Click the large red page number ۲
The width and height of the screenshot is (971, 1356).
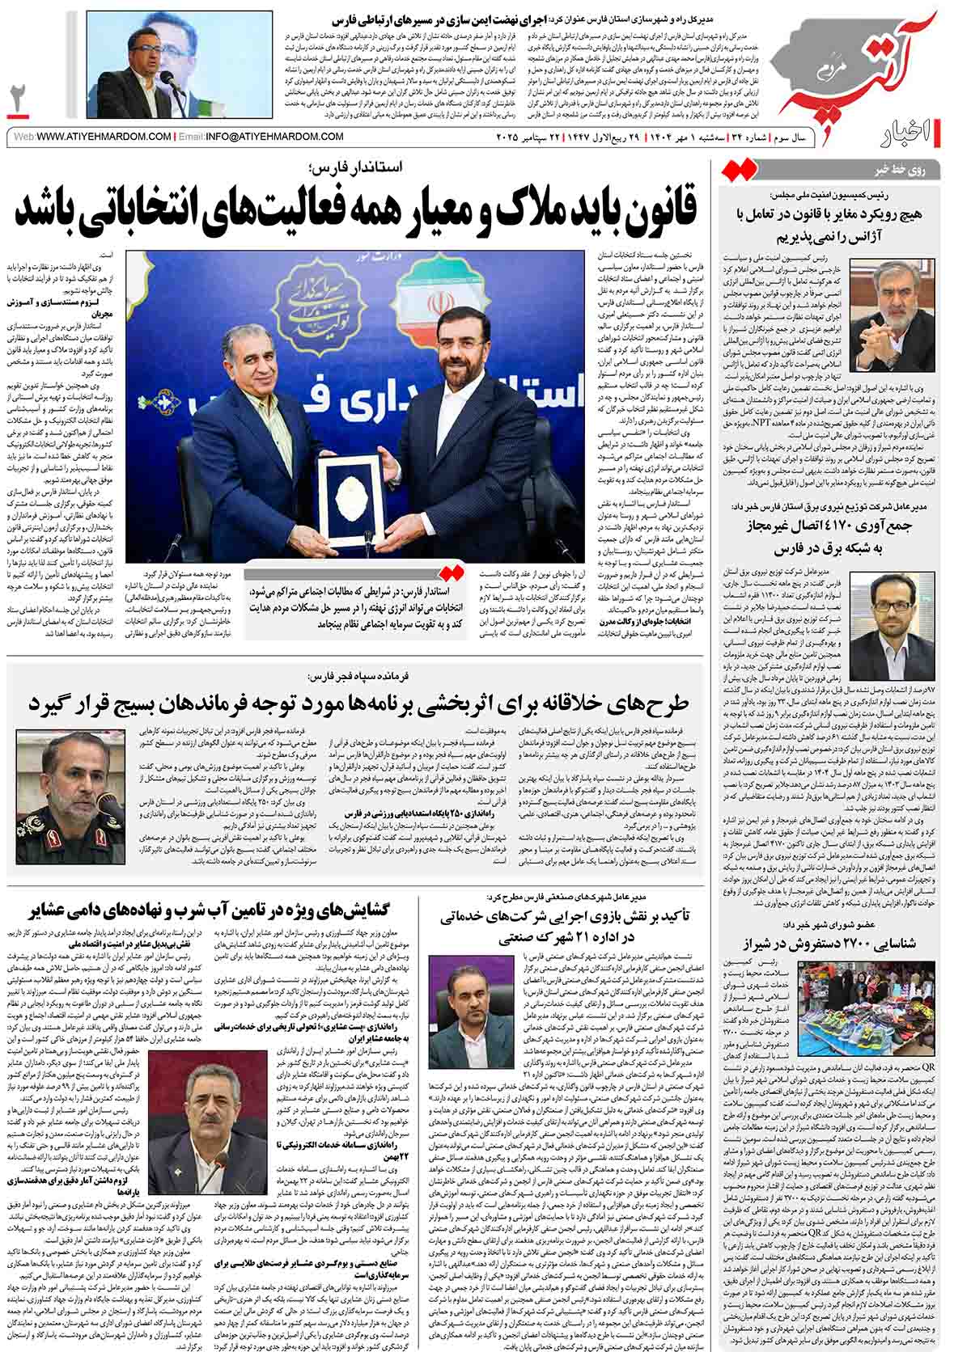18,98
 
